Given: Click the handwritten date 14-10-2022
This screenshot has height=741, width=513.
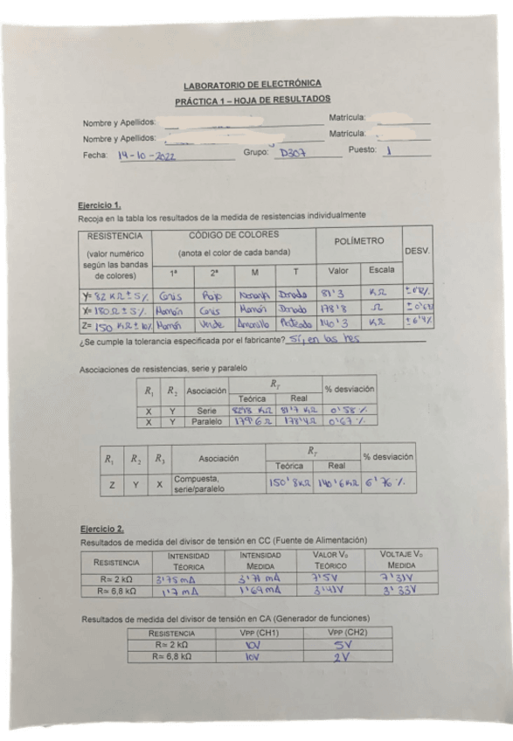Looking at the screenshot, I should (x=147, y=156).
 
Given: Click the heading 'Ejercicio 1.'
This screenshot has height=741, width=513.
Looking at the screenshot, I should (x=95, y=204).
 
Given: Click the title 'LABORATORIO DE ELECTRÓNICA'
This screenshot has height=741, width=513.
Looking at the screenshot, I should (x=252, y=85).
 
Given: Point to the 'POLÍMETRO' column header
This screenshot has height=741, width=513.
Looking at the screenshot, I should (x=359, y=239).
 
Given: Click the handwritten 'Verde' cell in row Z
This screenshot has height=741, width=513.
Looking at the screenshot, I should (x=212, y=323).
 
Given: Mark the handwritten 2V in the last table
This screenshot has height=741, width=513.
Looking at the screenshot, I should (x=342, y=654).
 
